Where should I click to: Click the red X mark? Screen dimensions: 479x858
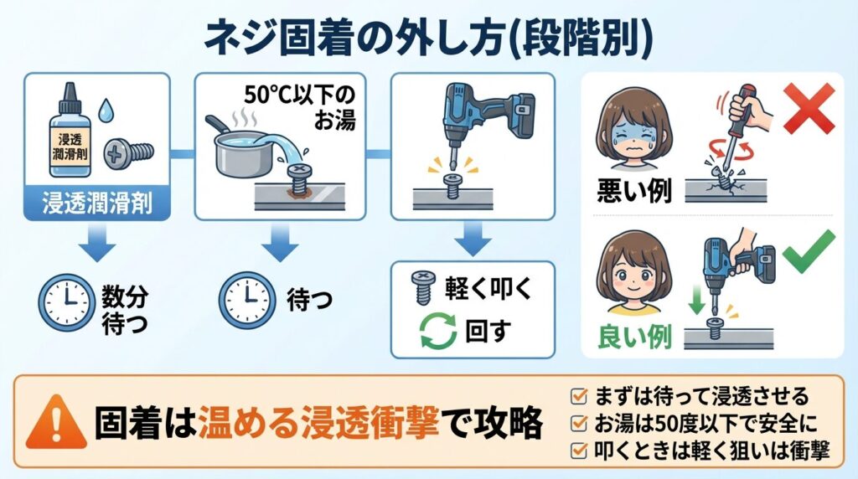pos(809,108)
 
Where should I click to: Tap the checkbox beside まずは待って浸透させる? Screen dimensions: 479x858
pos(577,394)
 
